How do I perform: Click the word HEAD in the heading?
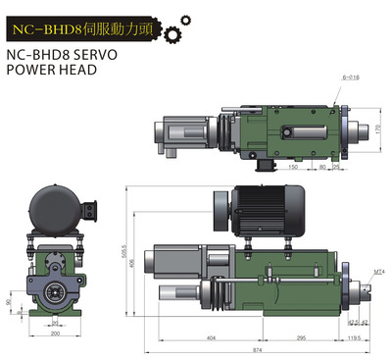[86, 73]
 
